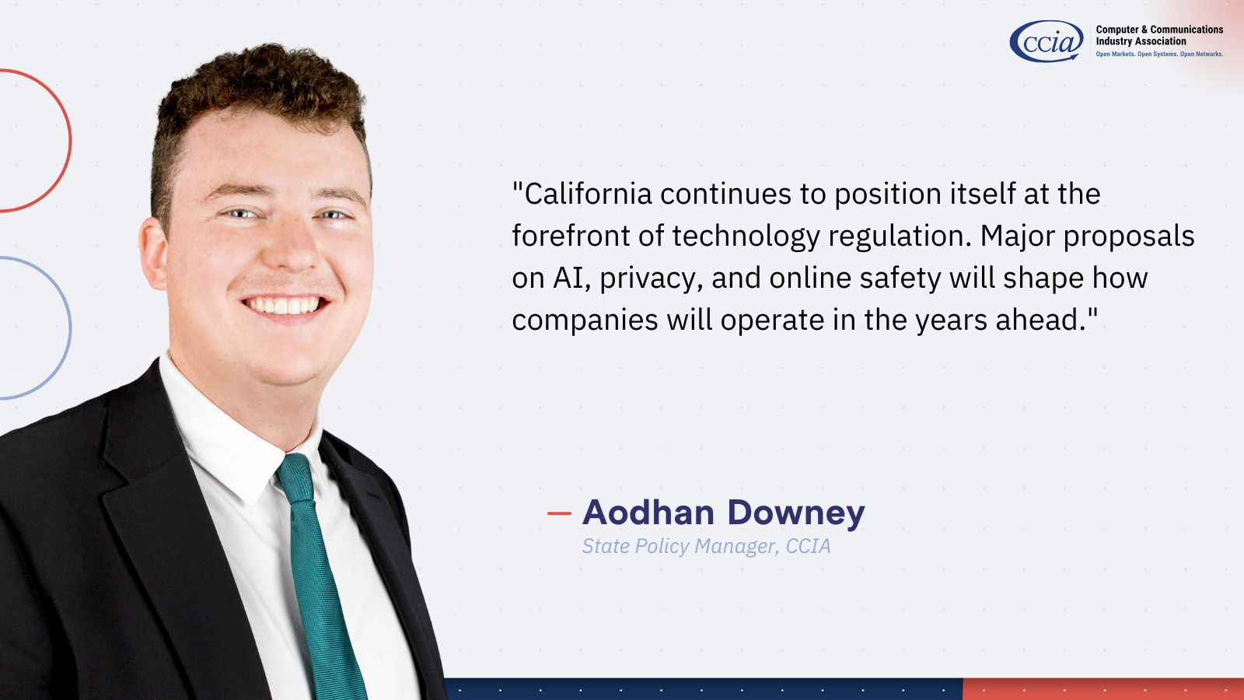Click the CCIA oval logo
pos(1047,41)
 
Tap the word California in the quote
pos(588,194)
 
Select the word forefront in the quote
pos(571,236)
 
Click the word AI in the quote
pos(568,278)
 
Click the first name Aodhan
pos(648,512)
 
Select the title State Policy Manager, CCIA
pos(707,546)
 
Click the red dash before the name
pos(559,513)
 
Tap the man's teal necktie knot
pos(295,478)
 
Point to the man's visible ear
pos(152,253)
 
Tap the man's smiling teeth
pos(283,306)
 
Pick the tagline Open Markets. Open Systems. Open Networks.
pos(1159,54)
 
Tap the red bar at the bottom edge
pos(1103,689)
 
